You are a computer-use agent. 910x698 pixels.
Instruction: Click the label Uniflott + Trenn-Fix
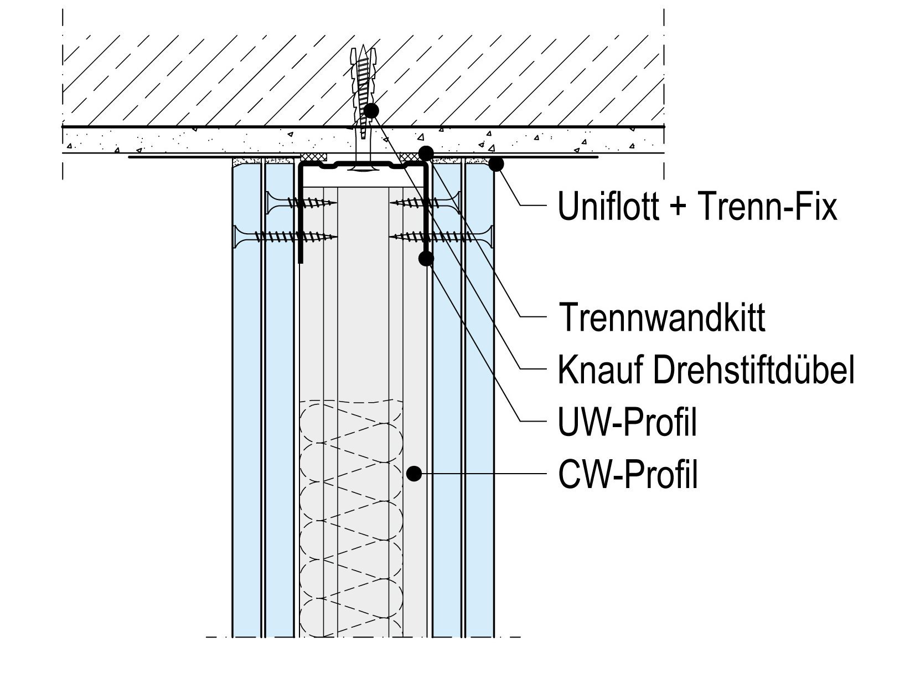(697, 207)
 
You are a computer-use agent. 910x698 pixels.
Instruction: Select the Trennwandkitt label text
(662, 318)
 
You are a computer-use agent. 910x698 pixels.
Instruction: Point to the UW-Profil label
(627, 423)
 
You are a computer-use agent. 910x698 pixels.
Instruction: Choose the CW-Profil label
(628, 475)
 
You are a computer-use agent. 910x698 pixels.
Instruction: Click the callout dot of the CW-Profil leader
(413, 474)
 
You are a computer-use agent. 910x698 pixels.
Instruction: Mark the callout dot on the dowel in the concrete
(371, 111)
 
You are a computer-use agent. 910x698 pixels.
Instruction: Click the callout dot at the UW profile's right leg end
(426, 258)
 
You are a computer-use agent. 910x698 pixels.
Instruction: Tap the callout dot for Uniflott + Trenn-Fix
(497, 164)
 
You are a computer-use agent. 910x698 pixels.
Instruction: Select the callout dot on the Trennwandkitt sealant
(425, 152)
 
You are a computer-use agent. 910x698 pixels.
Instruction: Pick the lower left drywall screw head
(239, 237)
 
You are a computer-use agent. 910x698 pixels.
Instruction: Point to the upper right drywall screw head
(457, 203)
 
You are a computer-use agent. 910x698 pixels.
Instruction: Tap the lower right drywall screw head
(488, 237)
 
